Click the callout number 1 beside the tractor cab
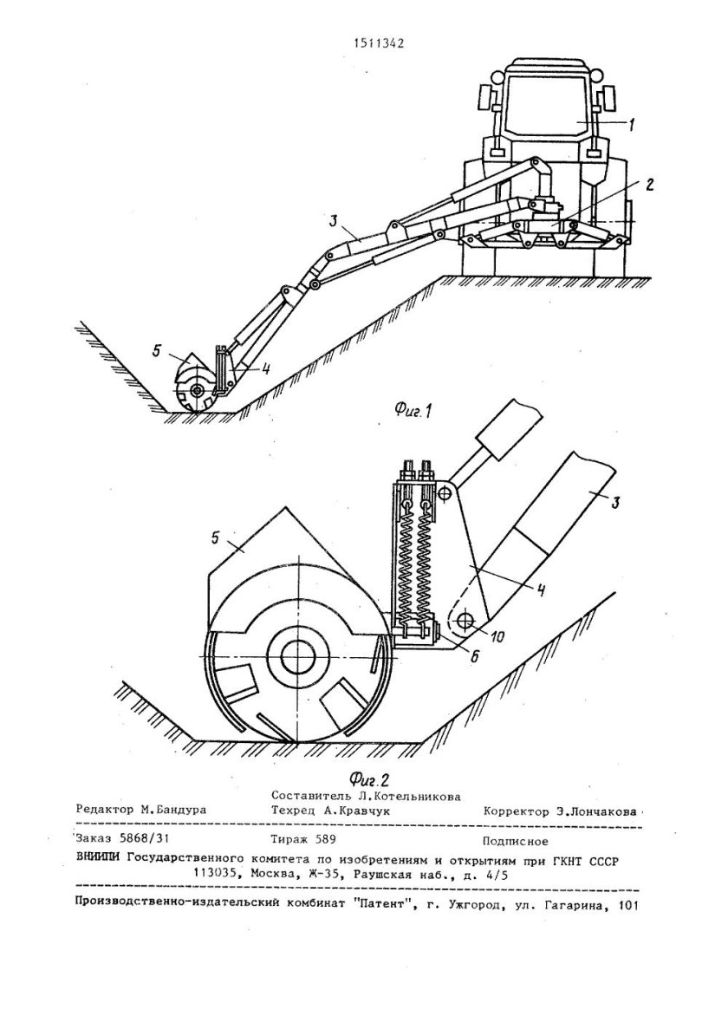click(x=631, y=125)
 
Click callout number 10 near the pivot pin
click(x=497, y=637)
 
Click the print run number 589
click(x=325, y=840)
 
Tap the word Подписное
click(x=515, y=840)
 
